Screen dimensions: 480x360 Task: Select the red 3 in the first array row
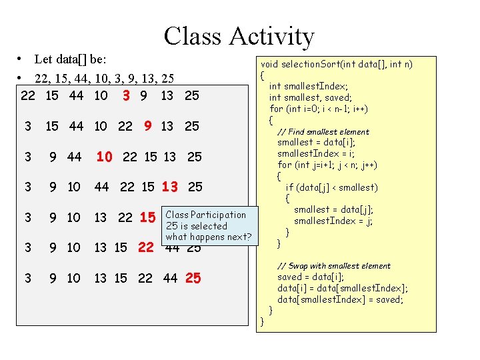[x=126, y=95]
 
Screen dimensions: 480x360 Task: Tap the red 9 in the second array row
[x=149, y=125]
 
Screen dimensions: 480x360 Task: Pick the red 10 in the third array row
[x=104, y=157]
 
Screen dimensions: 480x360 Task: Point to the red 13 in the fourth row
[x=170, y=187]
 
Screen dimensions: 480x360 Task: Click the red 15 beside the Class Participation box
[x=148, y=217]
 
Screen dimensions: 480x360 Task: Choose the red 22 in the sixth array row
[x=145, y=247]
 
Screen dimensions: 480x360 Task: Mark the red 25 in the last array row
[x=193, y=278]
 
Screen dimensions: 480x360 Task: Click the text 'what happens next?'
[x=209, y=237]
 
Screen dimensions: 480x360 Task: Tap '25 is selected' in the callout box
[x=197, y=226]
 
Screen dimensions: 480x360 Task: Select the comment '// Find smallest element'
[x=323, y=131]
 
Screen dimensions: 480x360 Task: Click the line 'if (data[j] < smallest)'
[x=331, y=187]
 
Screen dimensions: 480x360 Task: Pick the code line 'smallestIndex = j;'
[x=333, y=221]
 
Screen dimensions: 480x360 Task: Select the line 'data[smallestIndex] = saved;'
[x=340, y=299]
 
